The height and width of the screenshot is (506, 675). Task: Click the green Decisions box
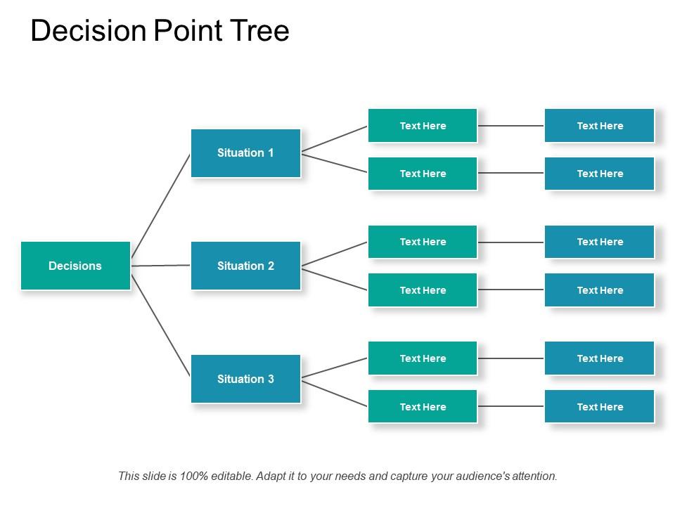[75, 266]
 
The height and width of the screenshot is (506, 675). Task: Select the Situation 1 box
[245, 153]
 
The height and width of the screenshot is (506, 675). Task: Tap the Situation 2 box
[245, 266]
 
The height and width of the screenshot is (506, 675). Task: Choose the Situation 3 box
[245, 379]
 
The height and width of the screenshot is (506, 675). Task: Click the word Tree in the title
[261, 32]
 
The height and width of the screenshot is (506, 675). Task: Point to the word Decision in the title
[88, 32]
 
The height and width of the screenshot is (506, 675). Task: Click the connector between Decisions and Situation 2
[161, 266]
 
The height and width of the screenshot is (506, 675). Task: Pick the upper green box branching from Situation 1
[423, 126]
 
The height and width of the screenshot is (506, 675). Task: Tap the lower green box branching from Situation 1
[423, 174]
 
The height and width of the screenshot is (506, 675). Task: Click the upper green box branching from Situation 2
[423, 242]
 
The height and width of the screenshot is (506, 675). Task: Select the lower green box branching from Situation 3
[423, 407]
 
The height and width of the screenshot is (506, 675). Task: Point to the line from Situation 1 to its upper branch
[335, 139]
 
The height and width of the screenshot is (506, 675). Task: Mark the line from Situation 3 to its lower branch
[335, 393]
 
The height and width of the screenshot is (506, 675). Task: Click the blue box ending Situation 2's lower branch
[600, 290]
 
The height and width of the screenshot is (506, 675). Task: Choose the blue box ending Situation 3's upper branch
[600, 358]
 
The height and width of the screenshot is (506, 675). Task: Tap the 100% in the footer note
[194, 476]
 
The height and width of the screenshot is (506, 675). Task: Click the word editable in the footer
[231, 476]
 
